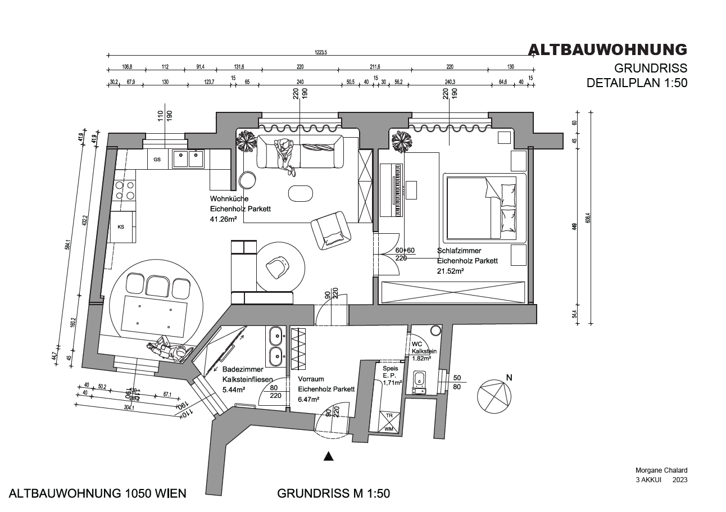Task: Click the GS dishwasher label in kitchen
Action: (x=157, y=160)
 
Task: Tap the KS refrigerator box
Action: (x=121, y=226)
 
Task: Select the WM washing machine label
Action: (x=389, y=429)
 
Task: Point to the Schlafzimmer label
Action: (x=459, y=251)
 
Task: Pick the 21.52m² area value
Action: (x=451, y=271)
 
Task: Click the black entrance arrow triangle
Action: (x=329, y=457)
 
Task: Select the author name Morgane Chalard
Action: (x=661, y=470)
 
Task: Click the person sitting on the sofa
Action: (x=285, y=153)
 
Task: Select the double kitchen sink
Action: (x=188, y=159)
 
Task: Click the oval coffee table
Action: (x=301, y=193)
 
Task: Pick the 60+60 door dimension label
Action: (x=405, y=250)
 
